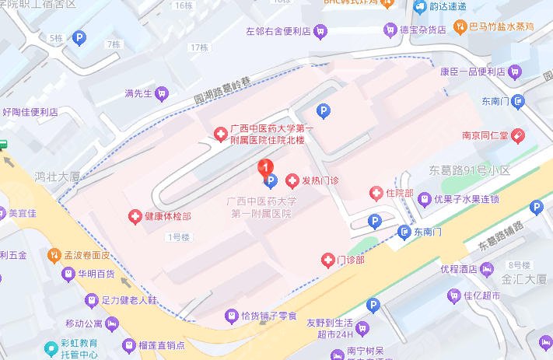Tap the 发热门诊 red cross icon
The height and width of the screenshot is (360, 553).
click(x=292, y=181)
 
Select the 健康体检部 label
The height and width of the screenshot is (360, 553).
click(x=167, y=215)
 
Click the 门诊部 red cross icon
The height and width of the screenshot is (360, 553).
click(x=327, y=260)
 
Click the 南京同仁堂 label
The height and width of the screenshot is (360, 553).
click(x=485, y=135)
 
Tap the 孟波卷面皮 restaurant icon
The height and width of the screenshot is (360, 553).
click(x=54, y=254)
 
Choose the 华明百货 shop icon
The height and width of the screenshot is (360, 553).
click(x=67, y=274)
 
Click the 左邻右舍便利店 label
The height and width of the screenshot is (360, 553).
click(x=278, y=32)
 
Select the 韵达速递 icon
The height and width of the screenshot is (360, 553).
click(x=420, y=7)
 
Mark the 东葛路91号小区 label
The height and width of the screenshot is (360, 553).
click(x=469, y=170)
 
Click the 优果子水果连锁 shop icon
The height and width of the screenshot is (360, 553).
click(x=425, y=198)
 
